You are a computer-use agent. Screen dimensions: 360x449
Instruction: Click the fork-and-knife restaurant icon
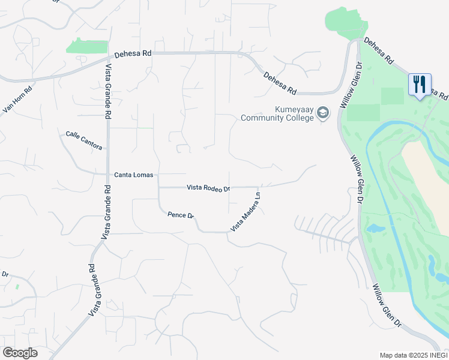(420, 83)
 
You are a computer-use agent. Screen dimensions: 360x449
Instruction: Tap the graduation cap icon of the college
(323, 113)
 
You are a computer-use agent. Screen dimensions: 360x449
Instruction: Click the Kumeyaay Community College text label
(277, 114)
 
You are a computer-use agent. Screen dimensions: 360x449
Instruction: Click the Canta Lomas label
(134, 175)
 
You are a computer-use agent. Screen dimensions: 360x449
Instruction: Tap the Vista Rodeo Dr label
(208, 188)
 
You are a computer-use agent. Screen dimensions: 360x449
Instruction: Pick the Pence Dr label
(181, 215)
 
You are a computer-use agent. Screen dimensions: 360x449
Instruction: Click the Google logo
(20, 353)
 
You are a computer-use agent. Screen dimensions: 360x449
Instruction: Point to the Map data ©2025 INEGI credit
(413, 355)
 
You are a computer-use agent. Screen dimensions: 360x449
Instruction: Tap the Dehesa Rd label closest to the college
(280, 83)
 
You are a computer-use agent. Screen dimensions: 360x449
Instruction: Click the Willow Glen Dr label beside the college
(352, 85)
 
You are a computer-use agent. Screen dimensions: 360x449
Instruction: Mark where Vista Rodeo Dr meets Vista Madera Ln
(259, 187)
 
